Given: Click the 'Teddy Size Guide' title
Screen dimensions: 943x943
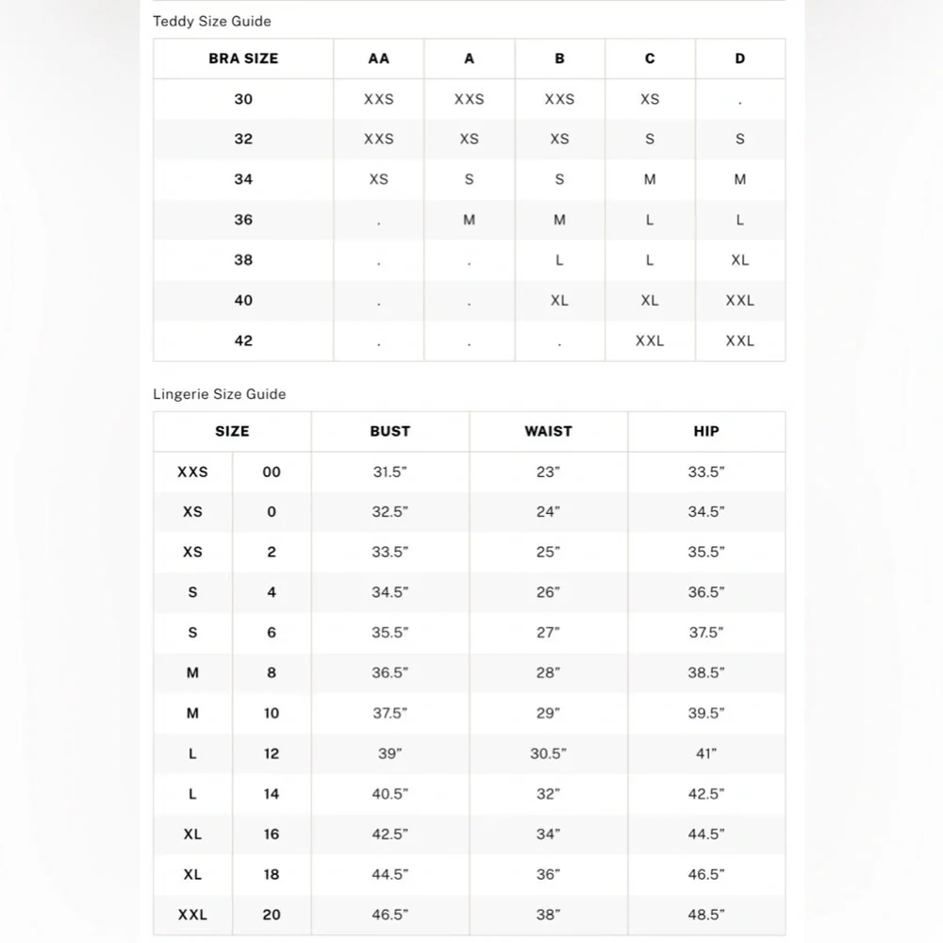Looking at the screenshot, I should click(x=212, y=21).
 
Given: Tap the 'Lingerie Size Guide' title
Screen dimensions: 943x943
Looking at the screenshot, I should click(x=219, y=393).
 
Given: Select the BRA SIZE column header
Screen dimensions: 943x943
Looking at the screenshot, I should click(x=243, y=58).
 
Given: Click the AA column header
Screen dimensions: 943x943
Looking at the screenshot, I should click(x=378, y=58).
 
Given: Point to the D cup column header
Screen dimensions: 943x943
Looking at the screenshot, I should click(x=739, y=58).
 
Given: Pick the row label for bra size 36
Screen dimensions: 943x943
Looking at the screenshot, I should click(x=243, y=220).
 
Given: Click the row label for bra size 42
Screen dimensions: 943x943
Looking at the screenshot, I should click(x=243, y=340).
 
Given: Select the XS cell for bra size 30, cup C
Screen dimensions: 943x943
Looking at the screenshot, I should click(x=650, y=99).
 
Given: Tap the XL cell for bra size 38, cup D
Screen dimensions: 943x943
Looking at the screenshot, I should click(x=739, y=260).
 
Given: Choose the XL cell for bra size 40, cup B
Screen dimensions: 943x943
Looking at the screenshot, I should click(x=559, y=300).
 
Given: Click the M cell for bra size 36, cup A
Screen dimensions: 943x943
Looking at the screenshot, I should click(x=469, y=220).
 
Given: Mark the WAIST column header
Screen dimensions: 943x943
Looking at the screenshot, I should click(x=548, y=431).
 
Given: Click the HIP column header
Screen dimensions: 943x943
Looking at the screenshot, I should click(x=705, y=431).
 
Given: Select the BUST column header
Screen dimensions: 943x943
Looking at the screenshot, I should click(x=389, y=431).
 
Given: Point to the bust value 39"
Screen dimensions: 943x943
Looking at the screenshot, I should click(x=389, y=753).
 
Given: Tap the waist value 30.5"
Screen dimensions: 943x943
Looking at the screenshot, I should click(x=548, y=753).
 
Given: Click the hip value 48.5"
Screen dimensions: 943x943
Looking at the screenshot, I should click(x=705, y=915).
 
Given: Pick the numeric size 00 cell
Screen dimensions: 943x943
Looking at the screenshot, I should click(x=272, y=471).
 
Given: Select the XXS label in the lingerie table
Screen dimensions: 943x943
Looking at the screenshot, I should click(x=192, y=471).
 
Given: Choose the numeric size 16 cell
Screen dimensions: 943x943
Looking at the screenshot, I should click(x=272, y=835).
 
